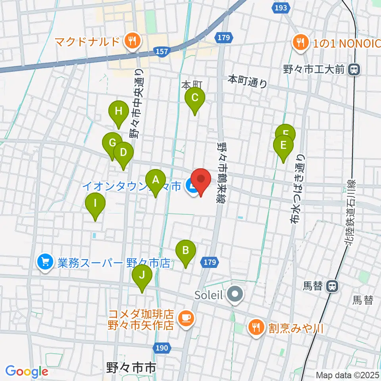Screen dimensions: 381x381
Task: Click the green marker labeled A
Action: [x=155, y=180]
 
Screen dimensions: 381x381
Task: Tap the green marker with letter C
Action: [x=194, y=98]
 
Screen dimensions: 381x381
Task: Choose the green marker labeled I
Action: [x=95, y=204]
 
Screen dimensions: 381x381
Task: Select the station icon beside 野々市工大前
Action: [x=353, y=70]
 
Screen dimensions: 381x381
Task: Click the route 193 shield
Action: [x=281, y=8]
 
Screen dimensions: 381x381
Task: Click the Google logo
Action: [x=27, y=371]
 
